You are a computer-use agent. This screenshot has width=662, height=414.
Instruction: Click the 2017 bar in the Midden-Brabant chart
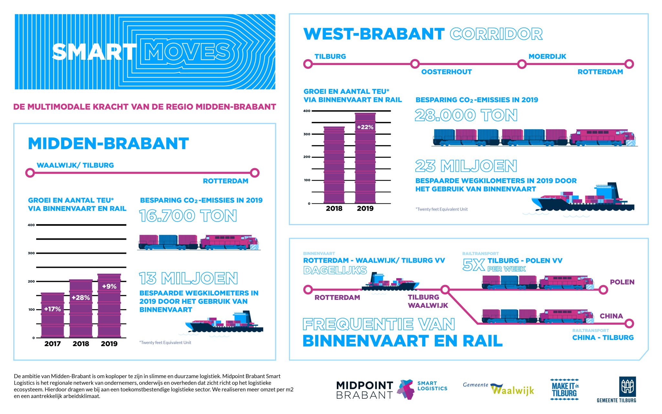pyautogui.click(x=52, y=315)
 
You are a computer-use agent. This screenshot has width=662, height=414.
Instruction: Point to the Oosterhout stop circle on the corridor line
pyautogui.click(x=415, y=64)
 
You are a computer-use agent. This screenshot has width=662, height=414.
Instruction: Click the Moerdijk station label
pyautogui.click(x=547, y=57)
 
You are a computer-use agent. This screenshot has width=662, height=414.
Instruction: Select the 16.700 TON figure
pyautogui.click(x=188, y=216)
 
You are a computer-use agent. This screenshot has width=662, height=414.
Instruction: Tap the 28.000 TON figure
pyautogui.click(x=466, y=115)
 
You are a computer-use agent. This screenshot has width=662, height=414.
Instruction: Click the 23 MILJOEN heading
pyautogui.click(x=466, y=166)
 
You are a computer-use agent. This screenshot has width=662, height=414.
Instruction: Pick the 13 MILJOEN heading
pyautogui.click(x=188, y=278)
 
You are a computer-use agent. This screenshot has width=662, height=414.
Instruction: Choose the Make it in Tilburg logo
pyautogui.click(x=564, y=389)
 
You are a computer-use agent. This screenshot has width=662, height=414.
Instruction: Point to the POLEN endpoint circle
pyautogui.click(x=603, y=290)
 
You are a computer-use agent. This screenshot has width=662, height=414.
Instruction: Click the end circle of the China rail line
pyautogui.click(x=629, y=323)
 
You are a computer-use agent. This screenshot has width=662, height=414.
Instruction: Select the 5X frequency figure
pyautogui.click(x=474, y=265)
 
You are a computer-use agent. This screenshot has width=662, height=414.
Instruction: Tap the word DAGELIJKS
pyautogui.click(x=335, y=270)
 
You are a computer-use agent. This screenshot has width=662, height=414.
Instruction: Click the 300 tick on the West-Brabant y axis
pyautogui.click(x=307, y=134)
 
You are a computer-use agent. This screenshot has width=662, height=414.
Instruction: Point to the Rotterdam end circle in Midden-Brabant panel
pyautogui.click(x=255, y=173)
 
